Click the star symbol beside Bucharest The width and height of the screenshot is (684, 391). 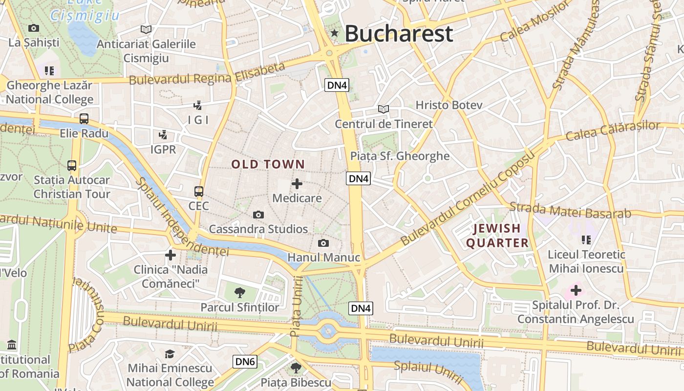(x=335, y=33)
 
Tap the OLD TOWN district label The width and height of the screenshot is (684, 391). (x=268, y=164)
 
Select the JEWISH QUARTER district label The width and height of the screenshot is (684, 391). (x=497, y=236)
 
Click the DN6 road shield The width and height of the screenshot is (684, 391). (x=245, y=362)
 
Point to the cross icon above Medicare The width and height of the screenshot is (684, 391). (x=297, y=184)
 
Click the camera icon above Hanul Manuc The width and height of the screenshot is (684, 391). (x=323, y=243)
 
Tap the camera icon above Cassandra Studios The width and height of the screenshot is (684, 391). (x=258, y=215)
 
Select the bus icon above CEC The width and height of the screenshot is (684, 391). (x=198, y=191)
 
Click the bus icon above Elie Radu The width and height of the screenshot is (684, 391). (x=84, y=118)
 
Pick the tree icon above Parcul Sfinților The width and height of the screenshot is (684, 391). (x=239, y=293)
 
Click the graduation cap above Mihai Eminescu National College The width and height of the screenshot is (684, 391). (x=170, y=354)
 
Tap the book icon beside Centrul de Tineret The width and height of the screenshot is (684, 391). (x=384, y=109)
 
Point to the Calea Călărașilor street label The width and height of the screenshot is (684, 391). (x=613, y=130)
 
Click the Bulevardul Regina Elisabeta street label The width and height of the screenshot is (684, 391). (x=207, y=73)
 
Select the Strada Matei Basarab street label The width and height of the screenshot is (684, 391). (x=570, y=210)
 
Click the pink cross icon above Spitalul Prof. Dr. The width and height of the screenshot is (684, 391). (x=576, y=291)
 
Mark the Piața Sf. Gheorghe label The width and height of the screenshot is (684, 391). (x=400, y=156)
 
